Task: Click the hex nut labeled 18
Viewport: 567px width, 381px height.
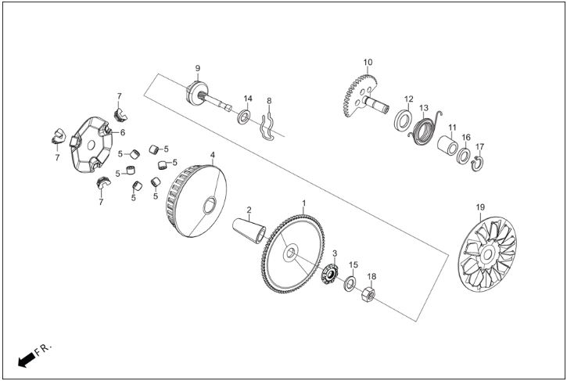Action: coord(368,294)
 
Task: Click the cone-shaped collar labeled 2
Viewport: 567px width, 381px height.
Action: coord(249,231)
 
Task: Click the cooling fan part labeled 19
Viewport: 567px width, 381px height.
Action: coord(487,254)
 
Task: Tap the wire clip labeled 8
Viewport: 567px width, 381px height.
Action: coord(268,127)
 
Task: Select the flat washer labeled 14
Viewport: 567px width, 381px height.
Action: coord(244,117)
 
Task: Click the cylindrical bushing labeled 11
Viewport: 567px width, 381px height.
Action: coord(447,145)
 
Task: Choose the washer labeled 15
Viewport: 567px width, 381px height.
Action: coord(350,284)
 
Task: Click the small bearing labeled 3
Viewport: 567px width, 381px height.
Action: coord(330,275)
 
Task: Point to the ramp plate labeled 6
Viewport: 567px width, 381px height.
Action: coord(91,145)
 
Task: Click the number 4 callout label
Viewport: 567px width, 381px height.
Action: coord(213,155)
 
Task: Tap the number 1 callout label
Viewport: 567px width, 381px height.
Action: coord(303,203)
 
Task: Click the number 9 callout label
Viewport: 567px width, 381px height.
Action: coord(197,68)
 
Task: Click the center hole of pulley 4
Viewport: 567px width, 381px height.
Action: coord(210,206)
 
